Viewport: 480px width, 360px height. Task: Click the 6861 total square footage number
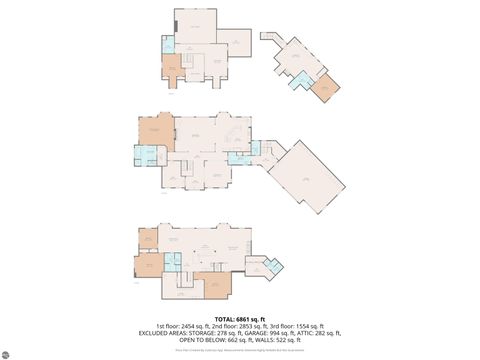(x=248, y=318)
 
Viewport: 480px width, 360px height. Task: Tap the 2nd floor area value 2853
(x=245, y=325)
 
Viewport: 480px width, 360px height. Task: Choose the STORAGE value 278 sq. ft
(x=226, y=332)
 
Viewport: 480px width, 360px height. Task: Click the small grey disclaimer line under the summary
(x=240, y=349)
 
